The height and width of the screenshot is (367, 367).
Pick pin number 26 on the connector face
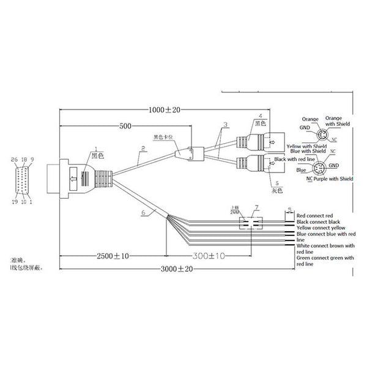(15, 160)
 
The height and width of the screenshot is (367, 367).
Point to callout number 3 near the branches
(225, 125)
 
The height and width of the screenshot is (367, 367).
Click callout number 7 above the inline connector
(256, 208)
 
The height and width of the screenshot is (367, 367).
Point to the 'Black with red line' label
(295, 159)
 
